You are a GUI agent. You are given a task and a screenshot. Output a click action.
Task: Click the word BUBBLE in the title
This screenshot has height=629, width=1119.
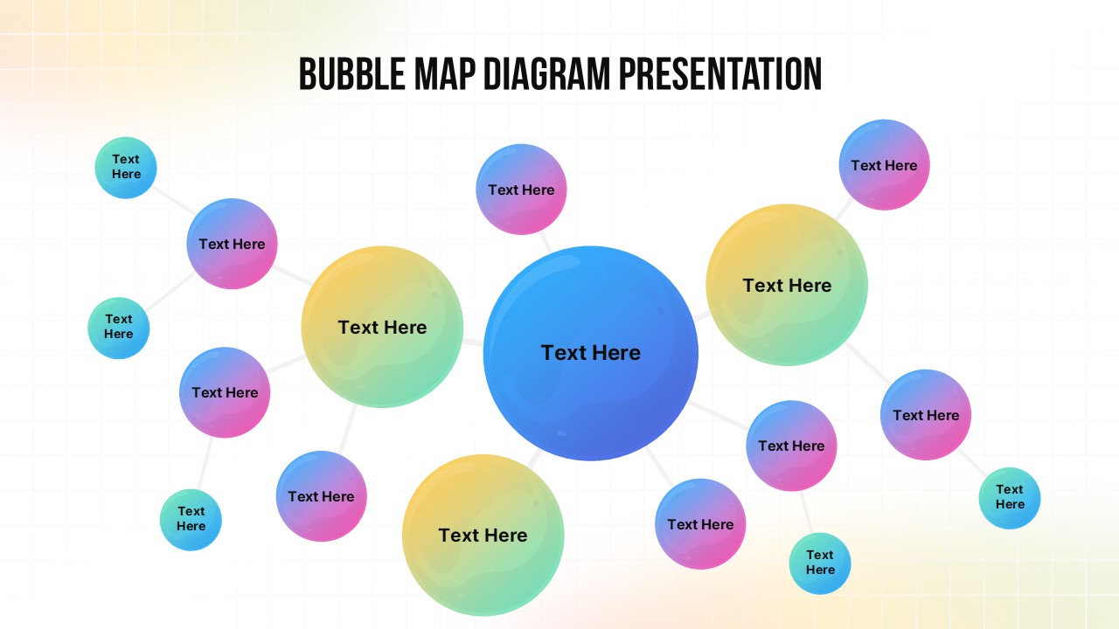click(x=351, y=74)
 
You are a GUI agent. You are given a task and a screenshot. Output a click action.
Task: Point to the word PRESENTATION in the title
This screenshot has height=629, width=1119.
click(x=720, y=74)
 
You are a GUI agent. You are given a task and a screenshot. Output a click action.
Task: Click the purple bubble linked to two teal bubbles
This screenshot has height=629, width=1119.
click(x=232, y=244)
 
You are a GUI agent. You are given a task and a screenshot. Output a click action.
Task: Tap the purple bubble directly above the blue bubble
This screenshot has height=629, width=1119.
click(x=521, y=190)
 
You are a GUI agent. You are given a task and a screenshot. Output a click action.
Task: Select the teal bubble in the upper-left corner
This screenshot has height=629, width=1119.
click(x=126, y=167)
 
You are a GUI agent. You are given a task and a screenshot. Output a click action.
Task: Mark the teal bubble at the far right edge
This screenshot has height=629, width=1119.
click(x=1010, y=498)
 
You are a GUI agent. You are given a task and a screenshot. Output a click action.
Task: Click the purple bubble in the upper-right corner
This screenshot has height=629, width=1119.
click(x=884, y=165)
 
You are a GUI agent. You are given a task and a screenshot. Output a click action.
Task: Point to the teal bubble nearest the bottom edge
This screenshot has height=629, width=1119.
click(x=820, y=563)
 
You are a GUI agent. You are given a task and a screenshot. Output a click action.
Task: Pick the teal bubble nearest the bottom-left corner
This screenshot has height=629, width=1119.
click(x=191, y=519)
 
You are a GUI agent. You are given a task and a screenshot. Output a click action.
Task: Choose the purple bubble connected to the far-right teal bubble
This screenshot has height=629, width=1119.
click(x=926, y=415)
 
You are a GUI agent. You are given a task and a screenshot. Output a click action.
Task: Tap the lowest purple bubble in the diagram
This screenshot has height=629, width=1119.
click(x=700, y=524)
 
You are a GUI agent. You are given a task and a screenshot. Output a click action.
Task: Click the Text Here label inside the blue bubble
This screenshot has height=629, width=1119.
click(x=591, y=353)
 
